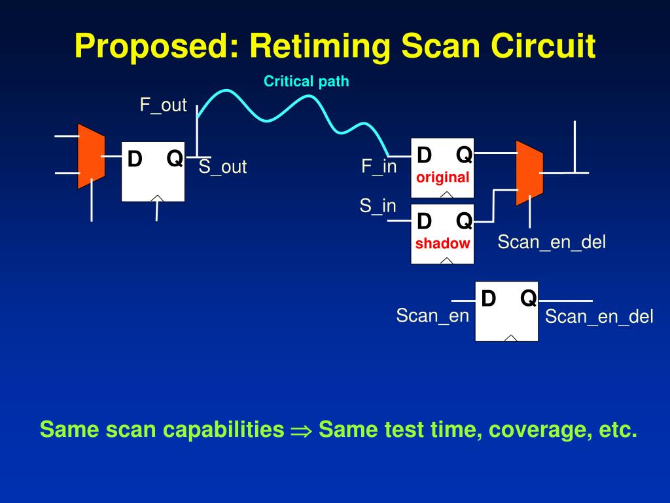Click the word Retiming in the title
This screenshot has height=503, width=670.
tap(321, 47)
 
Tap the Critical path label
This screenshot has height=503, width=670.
tap(306, 82)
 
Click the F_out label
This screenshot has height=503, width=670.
tap(164, 105)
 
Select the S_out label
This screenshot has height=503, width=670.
tap(222, 167)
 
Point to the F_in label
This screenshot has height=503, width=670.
tap(379, 166)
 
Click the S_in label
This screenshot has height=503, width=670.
tap(378, 206)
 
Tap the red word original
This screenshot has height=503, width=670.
tap(443, 177)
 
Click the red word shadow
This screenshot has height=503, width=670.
tap(442, 244)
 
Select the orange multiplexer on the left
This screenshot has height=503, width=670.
tap(91, 156)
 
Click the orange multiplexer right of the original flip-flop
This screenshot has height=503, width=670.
tap(529, 172)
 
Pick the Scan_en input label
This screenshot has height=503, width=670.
tap(432, 316)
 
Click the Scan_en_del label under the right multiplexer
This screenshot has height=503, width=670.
tap(552, 242)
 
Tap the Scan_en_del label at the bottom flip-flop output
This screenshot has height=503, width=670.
tap(599, 317)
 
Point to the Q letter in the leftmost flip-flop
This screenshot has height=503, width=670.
tap(174, 158)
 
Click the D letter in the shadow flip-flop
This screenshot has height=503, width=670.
tap(424, 221)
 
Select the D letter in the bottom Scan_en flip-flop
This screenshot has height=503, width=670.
tap(488, 299)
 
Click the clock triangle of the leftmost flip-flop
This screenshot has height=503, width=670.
tap(157, 198)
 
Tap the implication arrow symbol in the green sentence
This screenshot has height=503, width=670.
tap(302, 430)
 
